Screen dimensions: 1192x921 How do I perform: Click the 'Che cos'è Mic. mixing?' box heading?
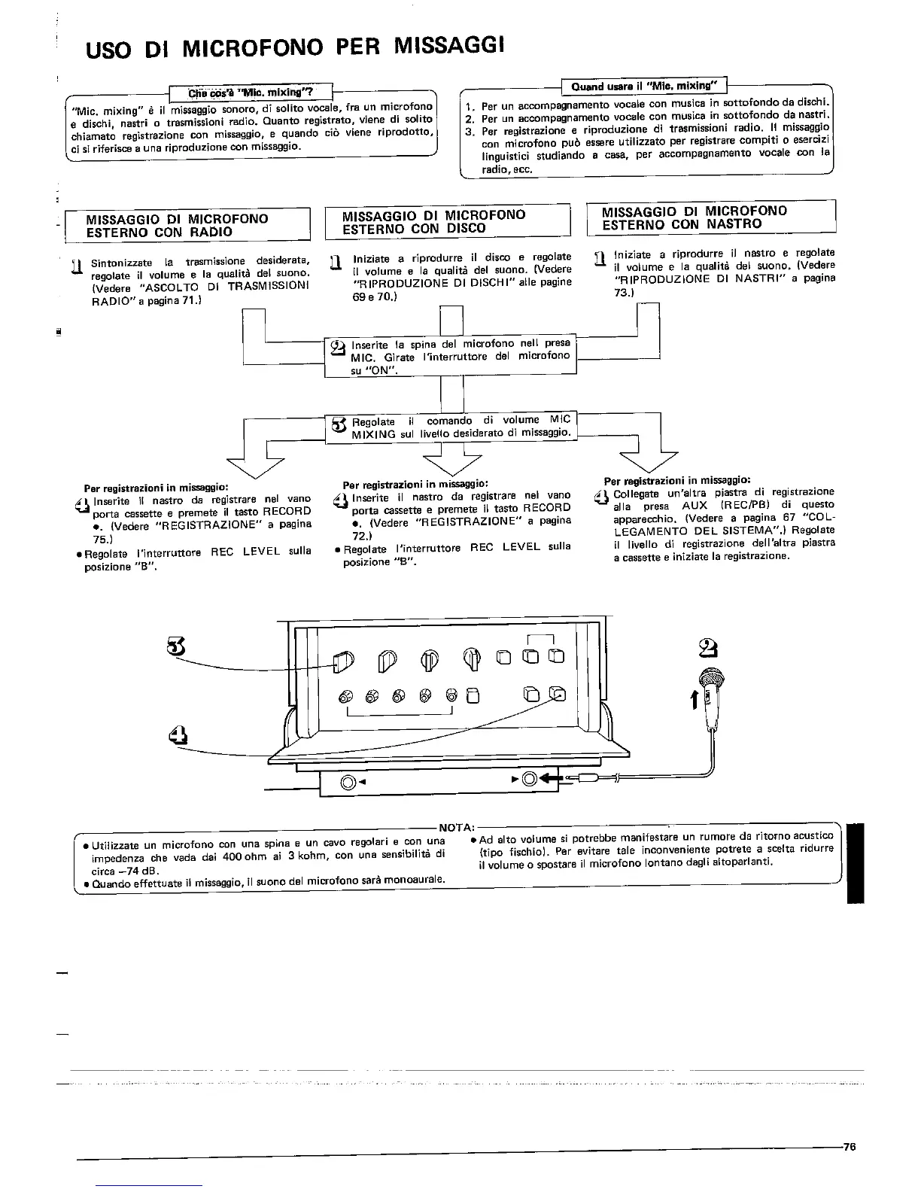click(x=251, y=93)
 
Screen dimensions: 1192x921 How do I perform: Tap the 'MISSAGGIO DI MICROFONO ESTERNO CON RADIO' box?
click(x=188, y=225)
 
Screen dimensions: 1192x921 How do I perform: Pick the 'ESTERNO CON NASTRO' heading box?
click(x=711, y=217)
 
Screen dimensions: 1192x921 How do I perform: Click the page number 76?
click(x=850, y=1148)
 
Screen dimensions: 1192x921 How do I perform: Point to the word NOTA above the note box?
click(x=451, y=828)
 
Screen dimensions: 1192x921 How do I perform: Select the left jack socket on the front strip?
click(x=349, y=782)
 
